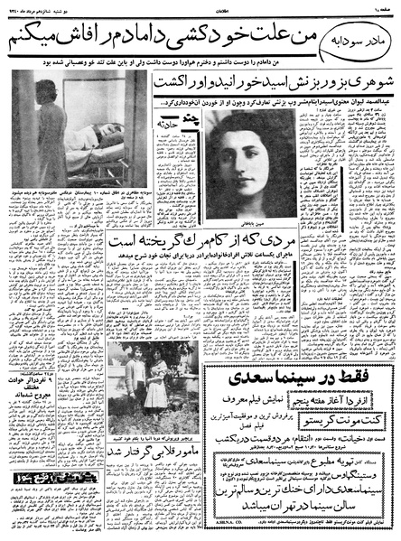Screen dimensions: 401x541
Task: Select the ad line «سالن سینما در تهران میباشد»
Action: (291, 498)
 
